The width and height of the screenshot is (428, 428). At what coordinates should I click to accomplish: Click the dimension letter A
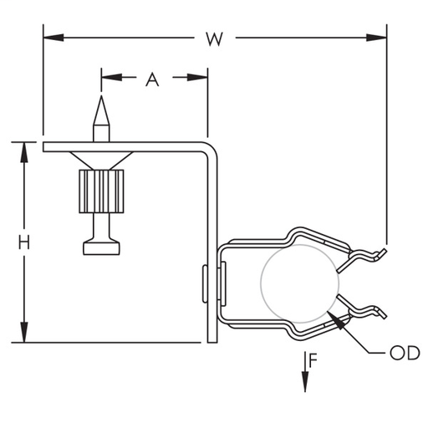point(152,79)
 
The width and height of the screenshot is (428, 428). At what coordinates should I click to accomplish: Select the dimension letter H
point(24,242)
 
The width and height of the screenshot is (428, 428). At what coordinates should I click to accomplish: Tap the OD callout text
point(405,354)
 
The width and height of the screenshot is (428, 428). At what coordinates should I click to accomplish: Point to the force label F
point(313,361)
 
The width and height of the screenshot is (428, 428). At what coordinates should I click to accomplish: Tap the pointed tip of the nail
point(100,99)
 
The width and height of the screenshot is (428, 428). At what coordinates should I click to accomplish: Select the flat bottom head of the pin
point(100,247)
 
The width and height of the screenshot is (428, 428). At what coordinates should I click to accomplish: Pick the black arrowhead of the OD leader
point(338,318)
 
